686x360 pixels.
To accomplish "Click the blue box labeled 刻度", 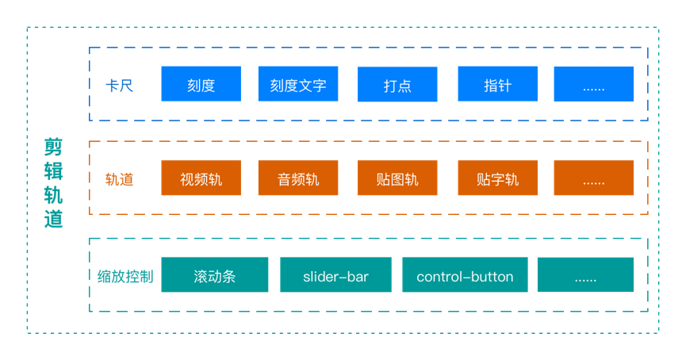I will coord(201,84).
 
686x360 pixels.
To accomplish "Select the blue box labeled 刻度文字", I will coord(298,84).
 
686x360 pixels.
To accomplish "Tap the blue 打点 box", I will coord(397,84).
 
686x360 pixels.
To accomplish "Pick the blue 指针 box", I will coord(497,84).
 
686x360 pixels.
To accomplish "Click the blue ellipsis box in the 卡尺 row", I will coord(593,84).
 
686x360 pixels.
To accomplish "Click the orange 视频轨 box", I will coord(201,178).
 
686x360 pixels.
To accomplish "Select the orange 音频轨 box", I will coord(298,178).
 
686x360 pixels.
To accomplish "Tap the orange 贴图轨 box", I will coord(397,178).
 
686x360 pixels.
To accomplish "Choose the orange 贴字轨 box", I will coord(497,178).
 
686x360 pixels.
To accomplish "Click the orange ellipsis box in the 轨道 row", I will coord(593,178).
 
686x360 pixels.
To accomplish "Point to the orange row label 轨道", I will coord(119,179).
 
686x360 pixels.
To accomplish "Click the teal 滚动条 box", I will coord(215,275).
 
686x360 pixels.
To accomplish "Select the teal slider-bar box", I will coord(335,275).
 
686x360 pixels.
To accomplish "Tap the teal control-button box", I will coord(465,275).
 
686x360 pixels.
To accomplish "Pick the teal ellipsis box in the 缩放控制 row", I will coord(585,275).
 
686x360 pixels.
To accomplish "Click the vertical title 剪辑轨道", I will coord(53,183).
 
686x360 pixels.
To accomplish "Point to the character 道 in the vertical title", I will coord(53,219).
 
